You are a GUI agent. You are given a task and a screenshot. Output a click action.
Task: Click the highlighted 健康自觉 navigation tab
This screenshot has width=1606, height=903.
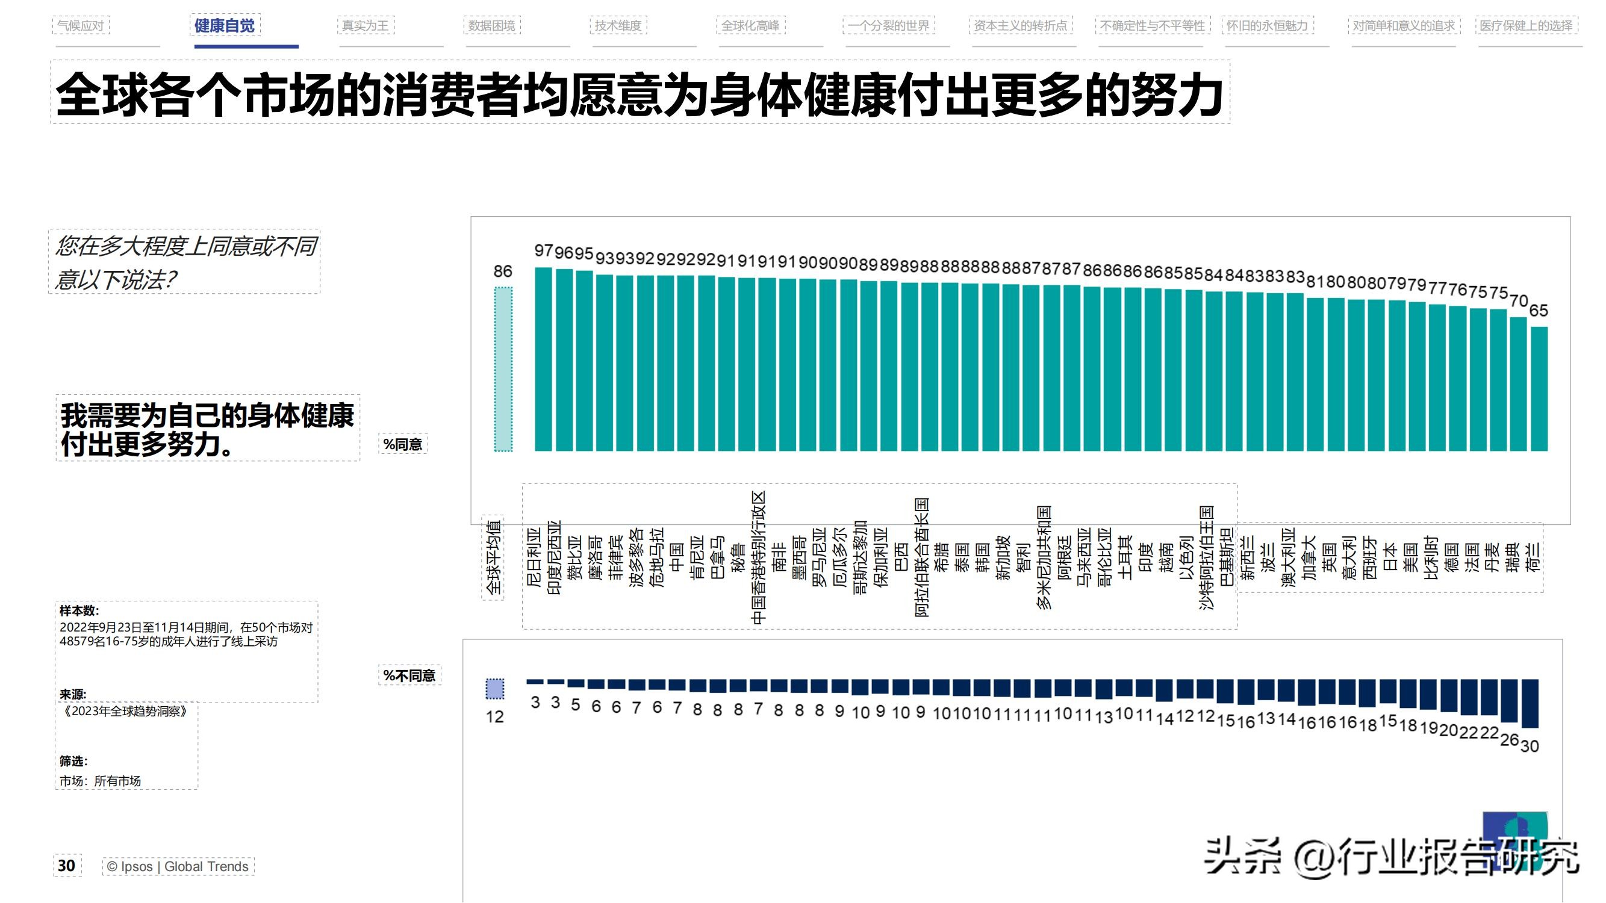[225, 25]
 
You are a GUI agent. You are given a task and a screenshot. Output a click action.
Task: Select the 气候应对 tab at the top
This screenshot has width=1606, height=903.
[81, 25]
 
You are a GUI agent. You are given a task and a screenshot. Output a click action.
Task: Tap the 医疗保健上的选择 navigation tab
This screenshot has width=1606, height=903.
[1526, 25]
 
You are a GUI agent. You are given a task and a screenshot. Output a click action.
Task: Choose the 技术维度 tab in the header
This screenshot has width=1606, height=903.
[618, 25]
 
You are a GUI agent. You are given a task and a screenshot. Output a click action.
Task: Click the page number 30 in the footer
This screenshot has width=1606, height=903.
[67, 866]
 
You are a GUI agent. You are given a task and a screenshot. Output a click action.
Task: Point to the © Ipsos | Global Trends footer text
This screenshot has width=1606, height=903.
[178, 866]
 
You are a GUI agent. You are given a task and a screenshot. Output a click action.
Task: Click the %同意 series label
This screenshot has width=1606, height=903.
[403, 444]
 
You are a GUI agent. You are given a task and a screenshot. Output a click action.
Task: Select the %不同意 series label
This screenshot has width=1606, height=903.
[409, 675]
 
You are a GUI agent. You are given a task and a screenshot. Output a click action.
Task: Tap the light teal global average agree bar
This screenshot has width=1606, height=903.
[503, 369]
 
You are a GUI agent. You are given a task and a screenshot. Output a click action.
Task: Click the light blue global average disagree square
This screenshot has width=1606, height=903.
[495, 689]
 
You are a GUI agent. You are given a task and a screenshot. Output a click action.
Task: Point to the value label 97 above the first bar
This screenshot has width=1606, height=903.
[544, 250]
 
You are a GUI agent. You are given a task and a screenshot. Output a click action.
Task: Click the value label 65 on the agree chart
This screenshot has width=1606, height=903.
[1539, 311]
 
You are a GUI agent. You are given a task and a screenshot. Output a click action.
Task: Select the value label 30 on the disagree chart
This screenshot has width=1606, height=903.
[1530, 745]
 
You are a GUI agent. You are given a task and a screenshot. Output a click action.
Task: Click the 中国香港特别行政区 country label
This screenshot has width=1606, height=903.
[758, 558]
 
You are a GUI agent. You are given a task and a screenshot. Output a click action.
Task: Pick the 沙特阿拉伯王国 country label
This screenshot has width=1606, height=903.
[1207, 558]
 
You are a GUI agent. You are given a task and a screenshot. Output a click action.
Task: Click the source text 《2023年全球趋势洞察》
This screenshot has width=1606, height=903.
[125, 711]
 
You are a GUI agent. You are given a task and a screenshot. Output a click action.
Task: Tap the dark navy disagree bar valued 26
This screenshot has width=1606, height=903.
[1510, 701]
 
